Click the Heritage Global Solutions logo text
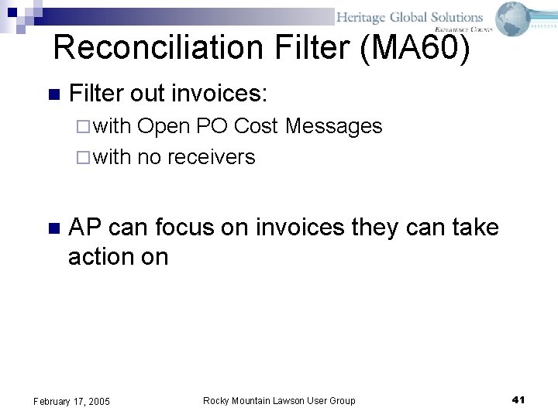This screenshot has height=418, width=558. [x=409, y=17]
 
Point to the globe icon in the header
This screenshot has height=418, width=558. [x=513, y=19]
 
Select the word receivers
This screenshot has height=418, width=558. [x=211, y=157]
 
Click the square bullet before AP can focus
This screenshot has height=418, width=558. [x=53, y=229]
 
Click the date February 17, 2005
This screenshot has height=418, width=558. [x=71, y=401]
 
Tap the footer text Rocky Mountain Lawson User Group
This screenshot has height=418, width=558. [x=279, y=400]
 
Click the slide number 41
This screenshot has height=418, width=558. [x=519, y=399]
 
